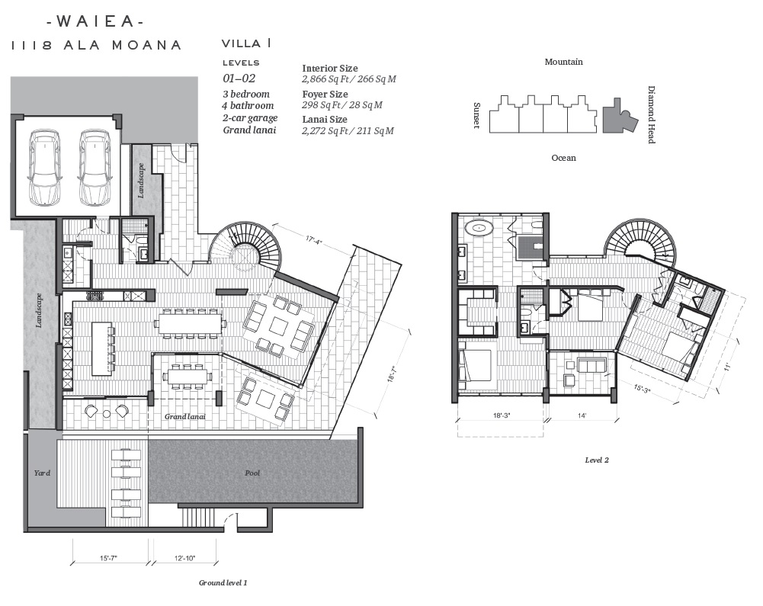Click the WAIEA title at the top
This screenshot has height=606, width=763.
(95, 21)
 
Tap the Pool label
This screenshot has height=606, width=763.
(252, 473)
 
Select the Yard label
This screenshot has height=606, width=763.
(42, 473)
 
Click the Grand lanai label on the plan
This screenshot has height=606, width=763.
(185, 417)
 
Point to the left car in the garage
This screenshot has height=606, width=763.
(45, 167)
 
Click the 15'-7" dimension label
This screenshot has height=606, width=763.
(108, 558)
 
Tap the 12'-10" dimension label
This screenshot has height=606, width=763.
(185, 558)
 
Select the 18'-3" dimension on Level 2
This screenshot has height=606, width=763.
(502, 415)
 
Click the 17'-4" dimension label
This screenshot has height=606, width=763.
(314, 240)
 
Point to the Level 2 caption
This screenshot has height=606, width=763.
(597, 460)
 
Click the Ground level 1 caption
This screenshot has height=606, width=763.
(223, 582)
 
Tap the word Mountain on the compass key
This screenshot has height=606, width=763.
(563, 62)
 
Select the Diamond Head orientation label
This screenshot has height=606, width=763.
(651, 115)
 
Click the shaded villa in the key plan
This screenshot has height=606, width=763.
(620, 117)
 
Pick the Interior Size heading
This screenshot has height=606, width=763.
(330, 68)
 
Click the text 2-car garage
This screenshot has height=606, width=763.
(250, 118)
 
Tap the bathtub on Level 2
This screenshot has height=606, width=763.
(479, 227)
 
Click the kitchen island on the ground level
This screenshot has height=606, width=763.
(101, 348)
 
